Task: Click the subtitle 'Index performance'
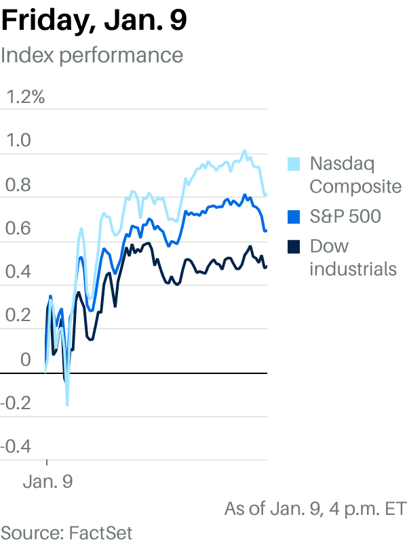click(92, 54)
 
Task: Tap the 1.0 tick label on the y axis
click(18, 140)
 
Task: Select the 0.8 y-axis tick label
click(18, 184)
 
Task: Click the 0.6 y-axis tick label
click(18, 228)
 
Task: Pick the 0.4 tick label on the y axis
click(18, 272)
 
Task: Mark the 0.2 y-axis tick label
click(18, 316)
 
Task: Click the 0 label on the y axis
click(25, 360)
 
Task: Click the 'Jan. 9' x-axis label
click(47, 482)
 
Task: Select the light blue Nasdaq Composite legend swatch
click(294, 164)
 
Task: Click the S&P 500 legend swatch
click(294, 217)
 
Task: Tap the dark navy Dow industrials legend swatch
click(294, 247)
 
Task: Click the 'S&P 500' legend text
click(345, 217)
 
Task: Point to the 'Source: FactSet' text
click(66, 531)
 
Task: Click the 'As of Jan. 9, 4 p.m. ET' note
click(315, 508)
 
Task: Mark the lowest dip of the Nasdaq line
click(66, 405)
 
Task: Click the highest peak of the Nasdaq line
click(244, 151)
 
